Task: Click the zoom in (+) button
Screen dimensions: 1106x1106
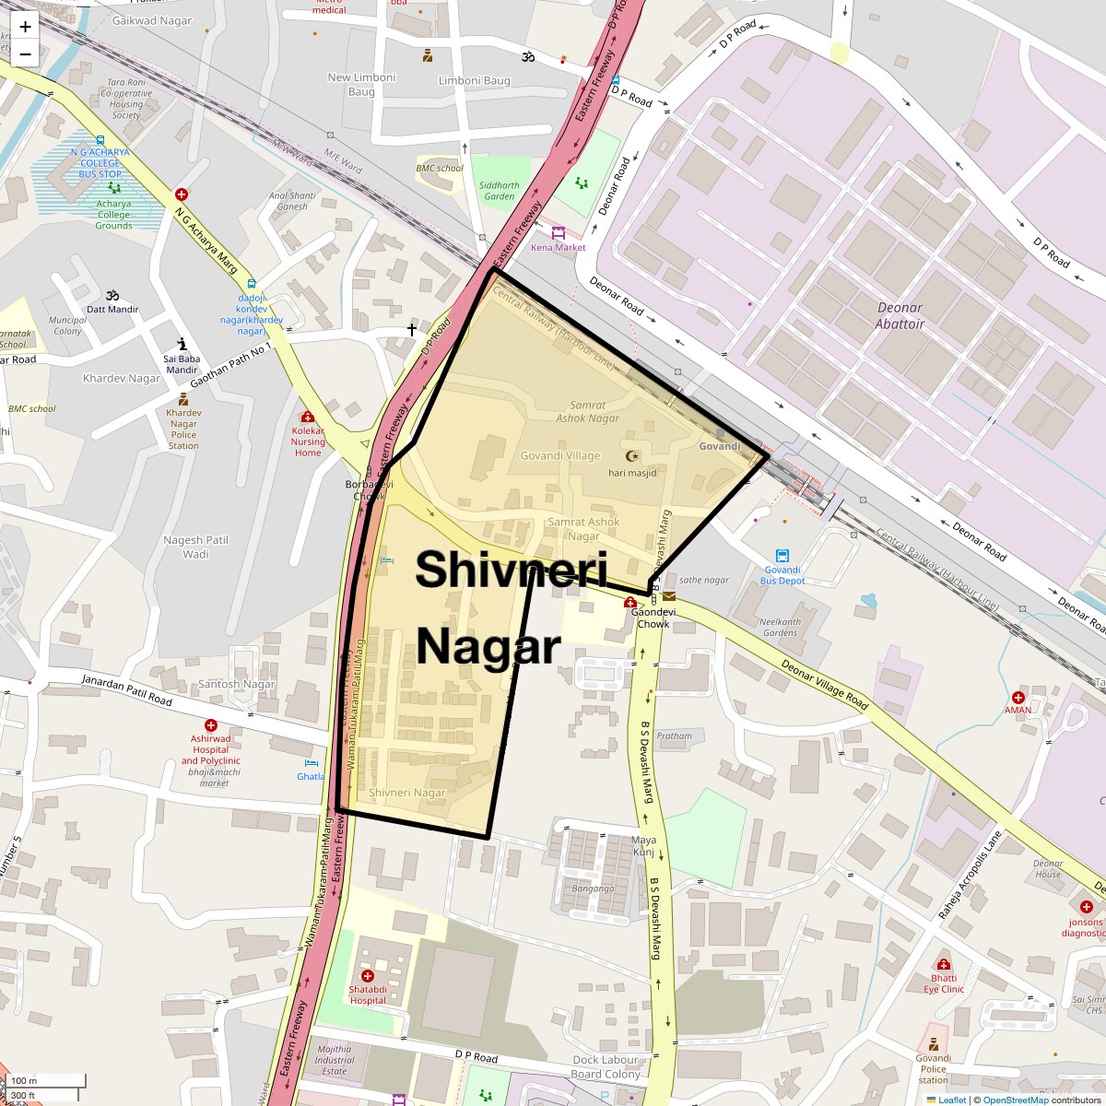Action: point(25,27)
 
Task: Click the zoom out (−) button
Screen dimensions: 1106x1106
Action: point(25,53)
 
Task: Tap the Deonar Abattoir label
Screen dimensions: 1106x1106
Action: point(900,315)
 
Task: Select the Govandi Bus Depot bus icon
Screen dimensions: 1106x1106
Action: point(782,556)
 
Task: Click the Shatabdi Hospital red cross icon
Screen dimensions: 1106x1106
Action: point(368,976)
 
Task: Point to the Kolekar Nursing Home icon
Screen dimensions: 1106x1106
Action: point(308,418)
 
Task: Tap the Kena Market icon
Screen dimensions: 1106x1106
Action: point(558,233)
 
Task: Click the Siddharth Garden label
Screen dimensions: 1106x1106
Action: point(499,190)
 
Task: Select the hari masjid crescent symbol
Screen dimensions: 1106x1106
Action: point(632,456)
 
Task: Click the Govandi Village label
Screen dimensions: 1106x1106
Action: point(559,455)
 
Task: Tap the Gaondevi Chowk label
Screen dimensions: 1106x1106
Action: point(653,618)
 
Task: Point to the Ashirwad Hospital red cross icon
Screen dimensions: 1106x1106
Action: point(211,725)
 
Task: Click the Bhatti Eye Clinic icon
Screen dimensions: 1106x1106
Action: point(943,964)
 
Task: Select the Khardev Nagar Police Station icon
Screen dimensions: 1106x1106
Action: point(183,399)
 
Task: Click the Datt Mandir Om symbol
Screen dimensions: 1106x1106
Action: point(112,295)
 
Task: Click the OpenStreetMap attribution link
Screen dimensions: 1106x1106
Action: point(1015,1100)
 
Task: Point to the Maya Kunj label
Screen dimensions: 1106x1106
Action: point(643,845)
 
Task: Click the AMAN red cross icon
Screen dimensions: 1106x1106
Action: point(1018,698)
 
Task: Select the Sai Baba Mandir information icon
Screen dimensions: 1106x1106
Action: point(182,344)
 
